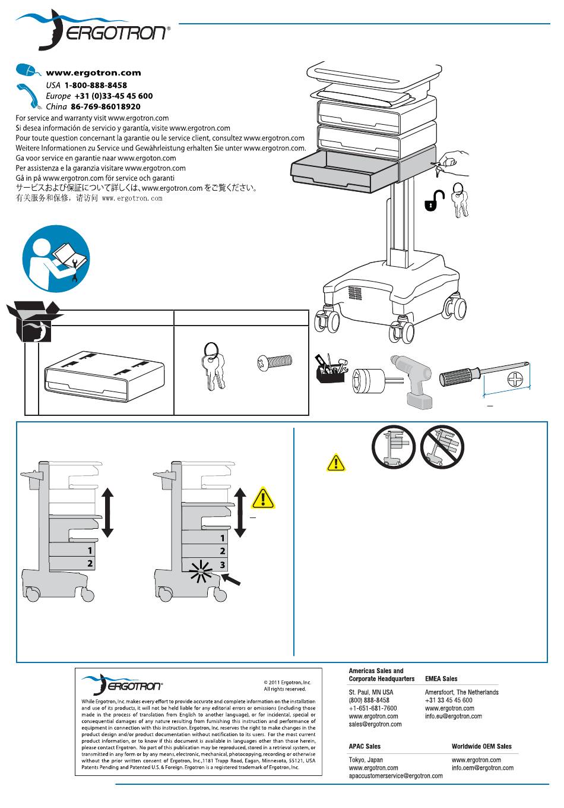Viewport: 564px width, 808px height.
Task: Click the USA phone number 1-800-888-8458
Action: (96, 85)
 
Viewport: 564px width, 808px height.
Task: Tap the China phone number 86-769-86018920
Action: (106, 106)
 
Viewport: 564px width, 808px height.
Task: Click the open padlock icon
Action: (435, 201)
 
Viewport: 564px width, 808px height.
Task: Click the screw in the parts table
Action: (274, 361)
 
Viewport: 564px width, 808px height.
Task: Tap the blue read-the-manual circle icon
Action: (56, 258)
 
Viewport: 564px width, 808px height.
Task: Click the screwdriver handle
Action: (459, 377)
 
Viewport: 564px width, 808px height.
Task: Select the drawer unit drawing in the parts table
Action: (104, 377)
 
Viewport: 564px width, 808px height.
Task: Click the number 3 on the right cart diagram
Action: (223, 564)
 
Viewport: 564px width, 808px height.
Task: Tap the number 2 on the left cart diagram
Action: (90, 563)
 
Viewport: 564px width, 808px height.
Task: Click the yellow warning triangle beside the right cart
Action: (262, 498)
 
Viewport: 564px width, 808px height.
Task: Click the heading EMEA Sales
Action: (441, 678)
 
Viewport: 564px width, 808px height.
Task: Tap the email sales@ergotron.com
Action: (375, 724)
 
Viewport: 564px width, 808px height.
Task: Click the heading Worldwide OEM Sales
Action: (481, 746)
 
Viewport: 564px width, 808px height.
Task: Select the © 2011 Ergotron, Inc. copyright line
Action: (287, 683)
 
